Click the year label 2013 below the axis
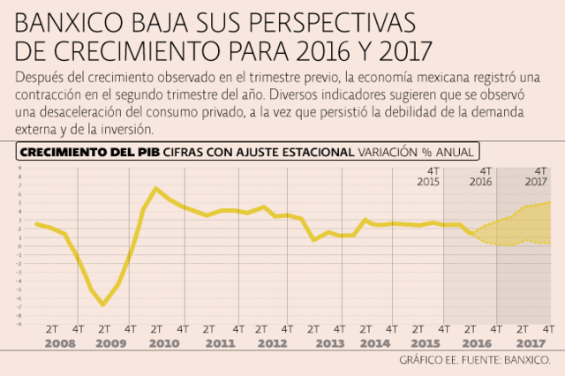328,342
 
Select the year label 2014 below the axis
377,342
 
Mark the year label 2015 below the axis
426,342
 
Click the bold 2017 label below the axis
531,342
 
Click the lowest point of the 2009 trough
103,305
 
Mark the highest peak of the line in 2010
155,188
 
